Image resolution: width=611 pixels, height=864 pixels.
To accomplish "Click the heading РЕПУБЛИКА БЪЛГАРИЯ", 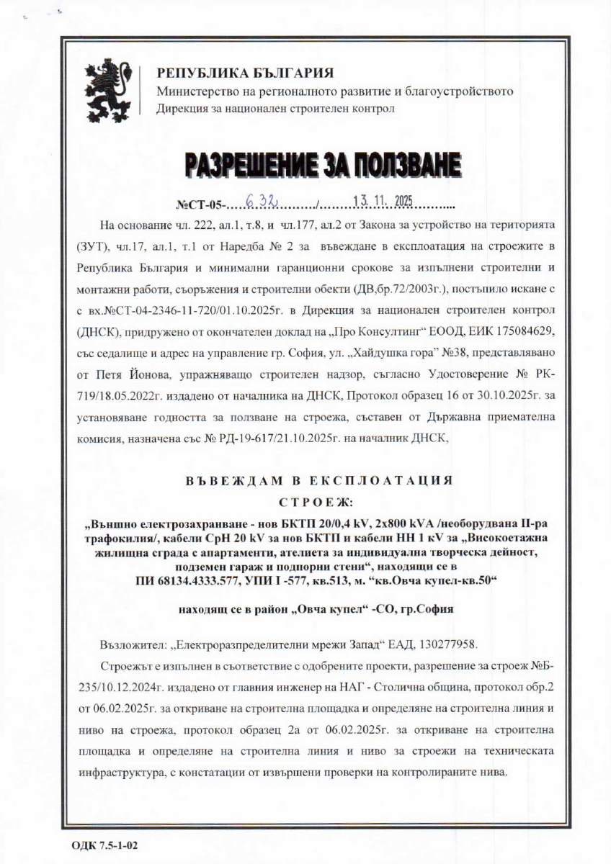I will click(245, 73).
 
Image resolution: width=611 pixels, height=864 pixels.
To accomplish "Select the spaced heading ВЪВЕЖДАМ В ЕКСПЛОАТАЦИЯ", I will click(319, 480).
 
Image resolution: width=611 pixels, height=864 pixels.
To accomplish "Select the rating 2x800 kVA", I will click(385, 522).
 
